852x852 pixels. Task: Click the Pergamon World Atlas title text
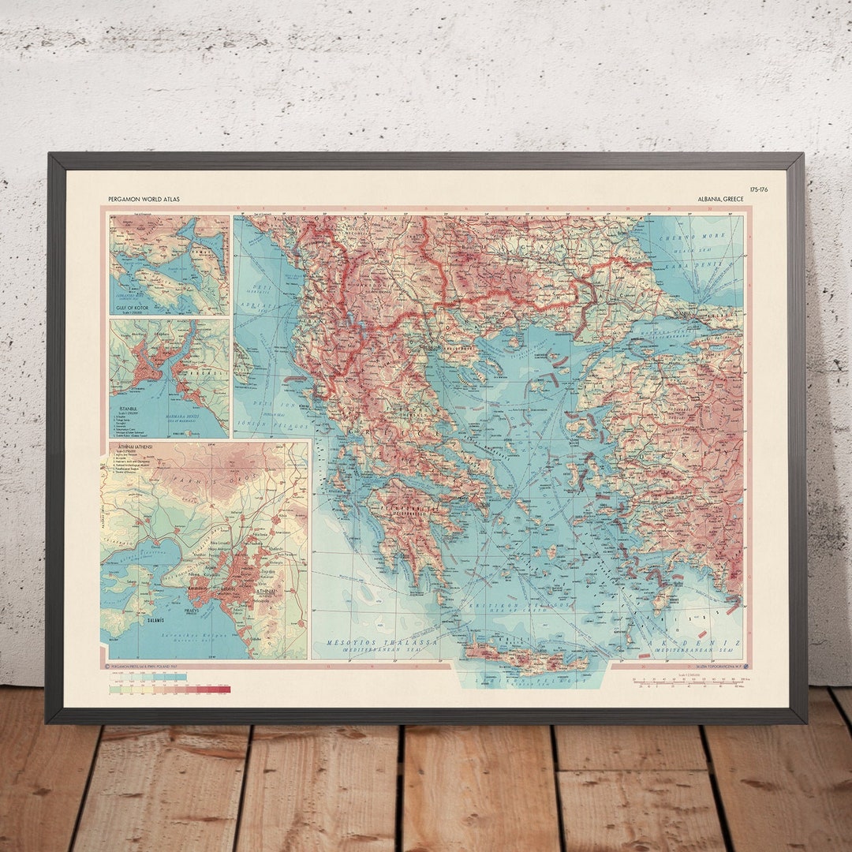pos(144,200)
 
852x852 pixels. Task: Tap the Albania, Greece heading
pos(722,200)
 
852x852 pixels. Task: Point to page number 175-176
pos(760,191)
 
